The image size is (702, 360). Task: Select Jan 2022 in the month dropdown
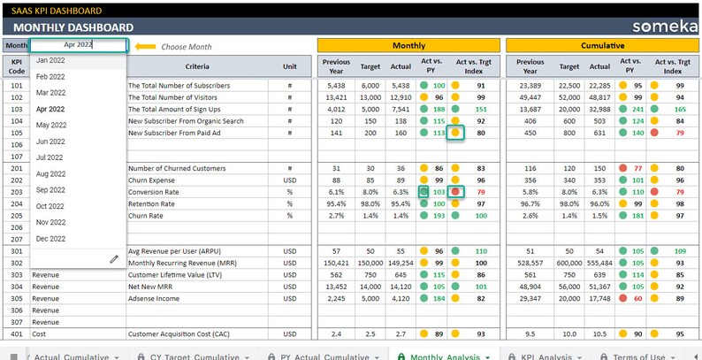click(50, 60)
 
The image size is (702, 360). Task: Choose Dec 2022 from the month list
click(50, 239)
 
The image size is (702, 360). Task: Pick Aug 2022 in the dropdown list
click(50, 174)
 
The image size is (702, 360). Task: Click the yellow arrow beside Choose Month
click(145, 46)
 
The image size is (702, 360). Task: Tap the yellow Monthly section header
click(408, 45)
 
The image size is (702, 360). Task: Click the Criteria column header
click(197, 66)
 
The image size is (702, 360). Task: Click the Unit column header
click(289, 66)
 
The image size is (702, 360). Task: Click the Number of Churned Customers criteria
click(177, 168)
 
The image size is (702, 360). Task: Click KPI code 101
click(16, 86)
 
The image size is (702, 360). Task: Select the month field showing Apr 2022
click(78, 45)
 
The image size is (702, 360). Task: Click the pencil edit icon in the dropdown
click(114, 258)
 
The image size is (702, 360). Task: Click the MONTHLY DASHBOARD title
click(74, 27)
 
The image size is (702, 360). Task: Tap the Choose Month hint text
click(187, 46)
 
